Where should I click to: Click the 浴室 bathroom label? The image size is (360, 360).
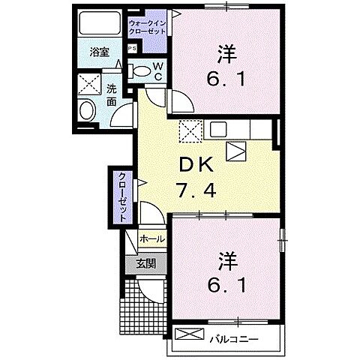100,52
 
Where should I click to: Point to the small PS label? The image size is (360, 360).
133,49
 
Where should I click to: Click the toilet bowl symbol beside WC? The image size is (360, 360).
142,71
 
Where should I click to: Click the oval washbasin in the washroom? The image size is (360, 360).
87,112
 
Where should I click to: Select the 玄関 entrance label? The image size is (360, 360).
146,263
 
